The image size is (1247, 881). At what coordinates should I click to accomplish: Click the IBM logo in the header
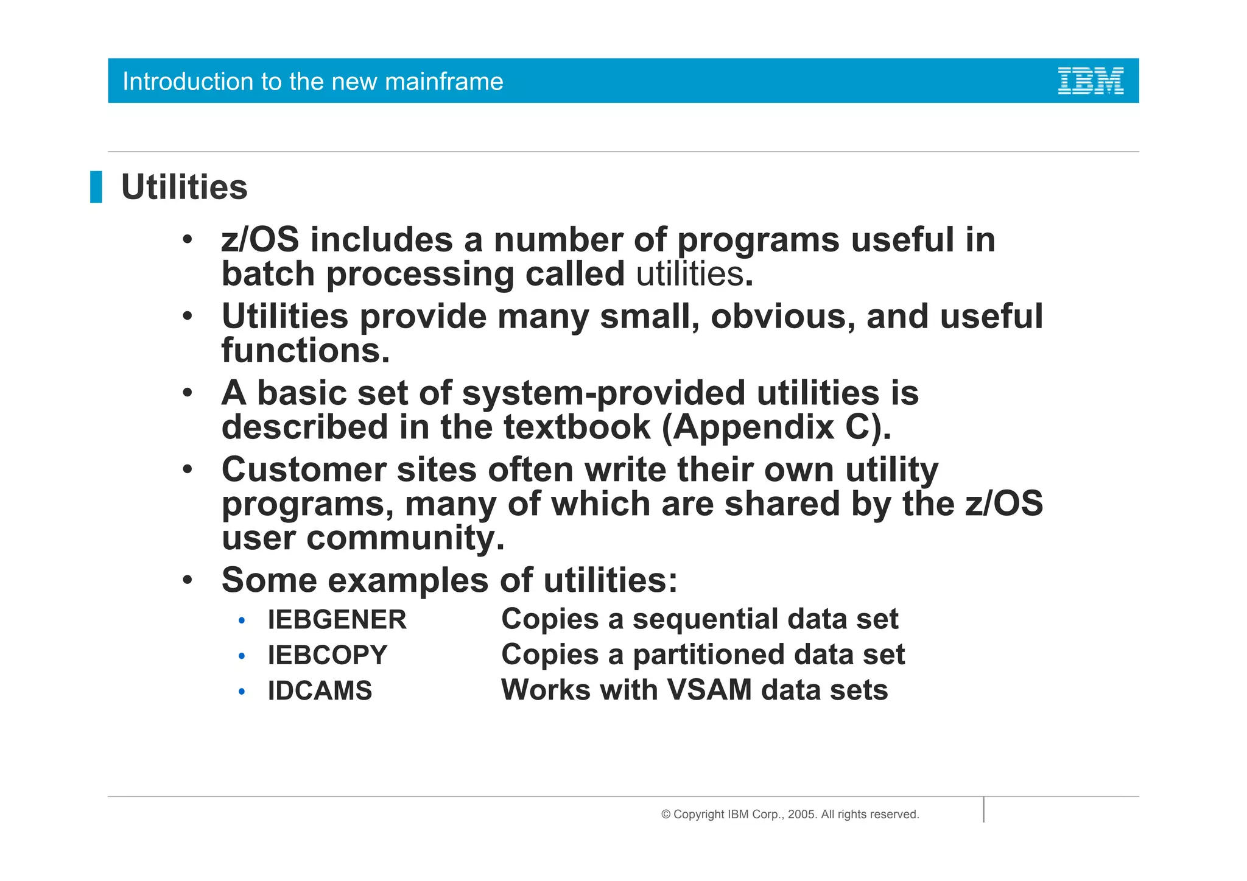[x=1091, y=81]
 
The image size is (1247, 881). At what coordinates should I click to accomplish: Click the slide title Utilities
[x=184, y=187]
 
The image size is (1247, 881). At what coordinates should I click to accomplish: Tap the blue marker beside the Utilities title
[x=96, y=187]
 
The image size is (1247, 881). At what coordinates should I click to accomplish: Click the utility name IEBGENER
[x=337, y=620]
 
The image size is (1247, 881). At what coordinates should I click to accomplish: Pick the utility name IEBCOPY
[x=327, y=655]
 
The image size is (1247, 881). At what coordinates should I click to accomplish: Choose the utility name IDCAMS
[x=320, y=690]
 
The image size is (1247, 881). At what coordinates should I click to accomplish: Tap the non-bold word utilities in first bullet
[x=690, y=274]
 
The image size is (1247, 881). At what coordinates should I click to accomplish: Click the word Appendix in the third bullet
[x=754, y=427]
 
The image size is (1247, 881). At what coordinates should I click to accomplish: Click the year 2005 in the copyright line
[x=801, y=815]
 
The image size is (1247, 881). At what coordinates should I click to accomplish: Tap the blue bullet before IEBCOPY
[x=242, y=656]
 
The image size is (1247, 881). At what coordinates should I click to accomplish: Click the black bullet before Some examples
[x=188, y=580]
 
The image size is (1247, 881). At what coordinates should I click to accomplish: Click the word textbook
[x=577, y=427]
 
